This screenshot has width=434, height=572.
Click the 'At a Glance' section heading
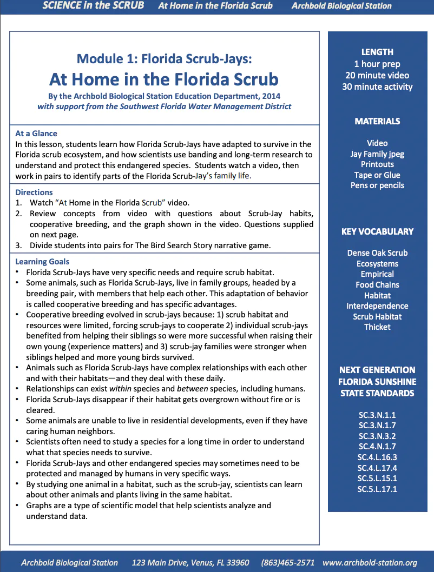36,134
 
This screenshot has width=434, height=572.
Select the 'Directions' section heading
34,192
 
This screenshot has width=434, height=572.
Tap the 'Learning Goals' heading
42,262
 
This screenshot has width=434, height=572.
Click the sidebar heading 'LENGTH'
377,52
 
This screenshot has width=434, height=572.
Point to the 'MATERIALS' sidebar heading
377,122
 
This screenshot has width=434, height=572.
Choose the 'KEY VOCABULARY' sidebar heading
377,231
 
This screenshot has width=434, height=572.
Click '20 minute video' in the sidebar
377,75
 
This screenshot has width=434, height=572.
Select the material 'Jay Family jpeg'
377,154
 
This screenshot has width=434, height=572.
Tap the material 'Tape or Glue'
377,175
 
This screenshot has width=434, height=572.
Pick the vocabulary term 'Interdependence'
377,306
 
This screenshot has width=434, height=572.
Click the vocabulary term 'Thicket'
377,327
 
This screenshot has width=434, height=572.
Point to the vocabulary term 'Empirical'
377,274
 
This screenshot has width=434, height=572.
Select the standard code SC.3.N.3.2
377,436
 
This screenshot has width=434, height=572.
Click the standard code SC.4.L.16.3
377,457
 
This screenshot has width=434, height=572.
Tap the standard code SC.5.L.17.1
377,489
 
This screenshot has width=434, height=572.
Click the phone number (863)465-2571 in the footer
287,563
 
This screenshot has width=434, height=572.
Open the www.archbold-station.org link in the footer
370,563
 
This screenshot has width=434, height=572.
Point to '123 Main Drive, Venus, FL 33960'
190,563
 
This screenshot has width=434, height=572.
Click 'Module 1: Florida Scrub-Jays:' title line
164,58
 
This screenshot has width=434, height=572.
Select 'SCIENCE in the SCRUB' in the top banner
93,6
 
